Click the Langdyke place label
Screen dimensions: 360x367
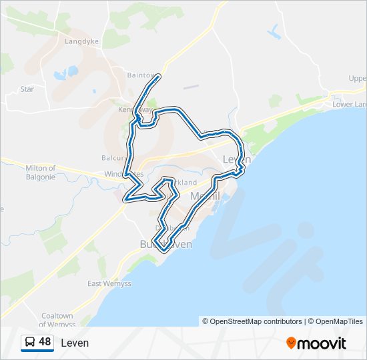click(x=82, y=40)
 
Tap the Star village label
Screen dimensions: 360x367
click(x=27, y=89)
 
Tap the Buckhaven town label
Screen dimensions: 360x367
click(x=166, y=245)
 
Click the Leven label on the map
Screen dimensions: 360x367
click(x=236, y=160)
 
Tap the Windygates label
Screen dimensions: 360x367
click(x=123, y=174)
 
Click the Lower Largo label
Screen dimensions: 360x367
click(x=349, y=105)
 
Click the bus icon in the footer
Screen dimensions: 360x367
click(x=30, y=343)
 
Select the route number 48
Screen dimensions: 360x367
click(x=45, y=342)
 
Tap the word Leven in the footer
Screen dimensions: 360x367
click(x=75, y=343)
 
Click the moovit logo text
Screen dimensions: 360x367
click(x=322, y=343)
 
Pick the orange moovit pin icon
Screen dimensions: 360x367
click(x=291, y=343)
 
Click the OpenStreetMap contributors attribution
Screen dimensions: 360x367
click(x=252, y=321)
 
